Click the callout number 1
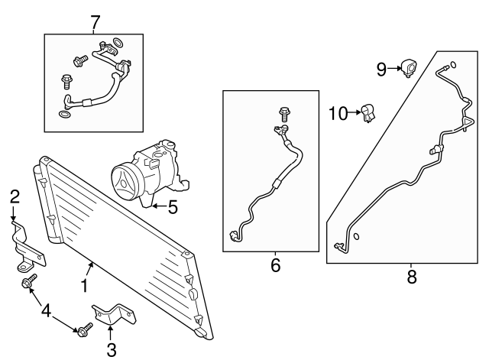(85, 287)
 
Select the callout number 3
(111, 351)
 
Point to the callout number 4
(47, 311)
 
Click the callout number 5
(173, 206)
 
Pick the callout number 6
(275, 265)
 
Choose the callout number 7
(95, 22)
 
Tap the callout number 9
(381, 70)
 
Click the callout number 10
(338, 113)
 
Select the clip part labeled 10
(368, 114)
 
